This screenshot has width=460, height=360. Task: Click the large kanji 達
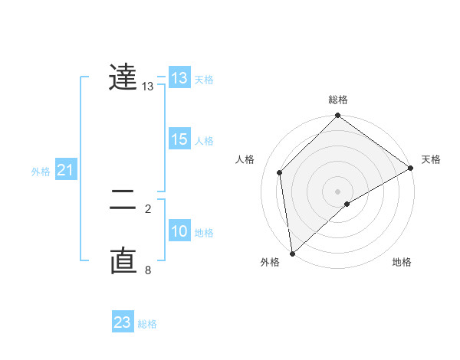tap(123, 77)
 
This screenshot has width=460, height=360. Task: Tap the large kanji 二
tap(123, 201)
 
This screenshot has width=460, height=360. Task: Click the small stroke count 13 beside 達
tap(148, 87)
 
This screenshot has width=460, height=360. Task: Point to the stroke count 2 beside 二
tap(148, 208)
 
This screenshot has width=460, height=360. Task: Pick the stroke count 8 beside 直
tap(148, 270)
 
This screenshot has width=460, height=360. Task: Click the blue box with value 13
tap(179, 78)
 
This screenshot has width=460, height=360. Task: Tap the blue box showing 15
tap(179, 139)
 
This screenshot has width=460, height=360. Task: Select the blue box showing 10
tap(179, 231)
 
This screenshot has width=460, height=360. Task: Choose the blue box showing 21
tap(65, 170)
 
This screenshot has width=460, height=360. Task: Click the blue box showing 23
tap(123, 322)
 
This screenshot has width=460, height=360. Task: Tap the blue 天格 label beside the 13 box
tap(204, 80)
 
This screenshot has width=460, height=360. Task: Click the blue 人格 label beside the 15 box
tap(204, 141)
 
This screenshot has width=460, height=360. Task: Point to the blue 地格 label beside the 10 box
tap(204, 233)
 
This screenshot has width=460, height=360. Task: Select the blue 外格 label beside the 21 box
tap(41, 172)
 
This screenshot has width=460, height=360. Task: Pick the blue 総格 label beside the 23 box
tap(147, 324)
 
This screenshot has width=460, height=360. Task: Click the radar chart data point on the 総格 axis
tap(337, 116)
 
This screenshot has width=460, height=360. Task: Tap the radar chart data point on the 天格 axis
tap(410, 169)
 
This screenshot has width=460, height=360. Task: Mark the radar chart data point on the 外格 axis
tap(292, 253)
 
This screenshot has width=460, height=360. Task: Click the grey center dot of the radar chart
tap(337, 191)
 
